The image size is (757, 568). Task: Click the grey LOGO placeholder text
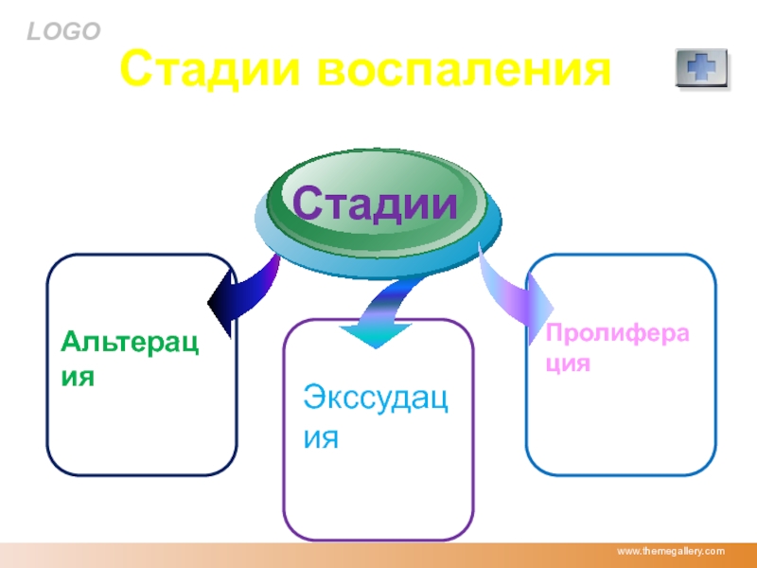63,32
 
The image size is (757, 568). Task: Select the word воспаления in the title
464,69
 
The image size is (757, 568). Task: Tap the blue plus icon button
701,67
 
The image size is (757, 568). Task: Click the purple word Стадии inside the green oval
375,204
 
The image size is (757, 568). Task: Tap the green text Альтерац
130,343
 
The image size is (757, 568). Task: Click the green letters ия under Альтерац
78,377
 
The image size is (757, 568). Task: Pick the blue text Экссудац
376,398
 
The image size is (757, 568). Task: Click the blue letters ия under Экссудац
321,438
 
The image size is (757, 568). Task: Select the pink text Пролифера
617,333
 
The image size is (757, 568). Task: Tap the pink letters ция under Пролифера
568,363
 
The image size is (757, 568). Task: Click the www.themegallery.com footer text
671,551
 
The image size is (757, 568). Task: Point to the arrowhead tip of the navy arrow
207,303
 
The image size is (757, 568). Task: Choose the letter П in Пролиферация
555,332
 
